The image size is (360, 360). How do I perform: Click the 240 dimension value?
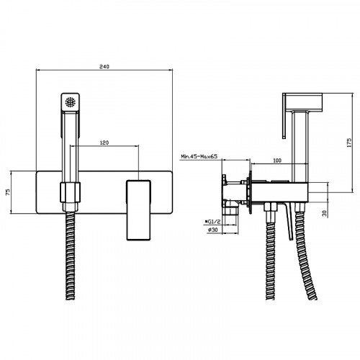click(104, 66)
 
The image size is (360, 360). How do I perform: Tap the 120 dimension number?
click(104, 143)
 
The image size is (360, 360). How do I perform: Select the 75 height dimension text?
click(8, 192)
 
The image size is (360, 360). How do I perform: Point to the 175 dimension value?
click(349, 143)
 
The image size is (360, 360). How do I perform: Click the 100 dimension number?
click(277, 161)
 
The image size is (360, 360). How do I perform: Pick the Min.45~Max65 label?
click(199, 156)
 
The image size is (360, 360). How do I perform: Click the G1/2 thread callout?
click(212, 222)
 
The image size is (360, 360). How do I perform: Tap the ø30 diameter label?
click(212, 230)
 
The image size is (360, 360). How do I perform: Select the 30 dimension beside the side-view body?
click(325, 213)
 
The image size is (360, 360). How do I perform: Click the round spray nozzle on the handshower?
click(71, 102)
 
